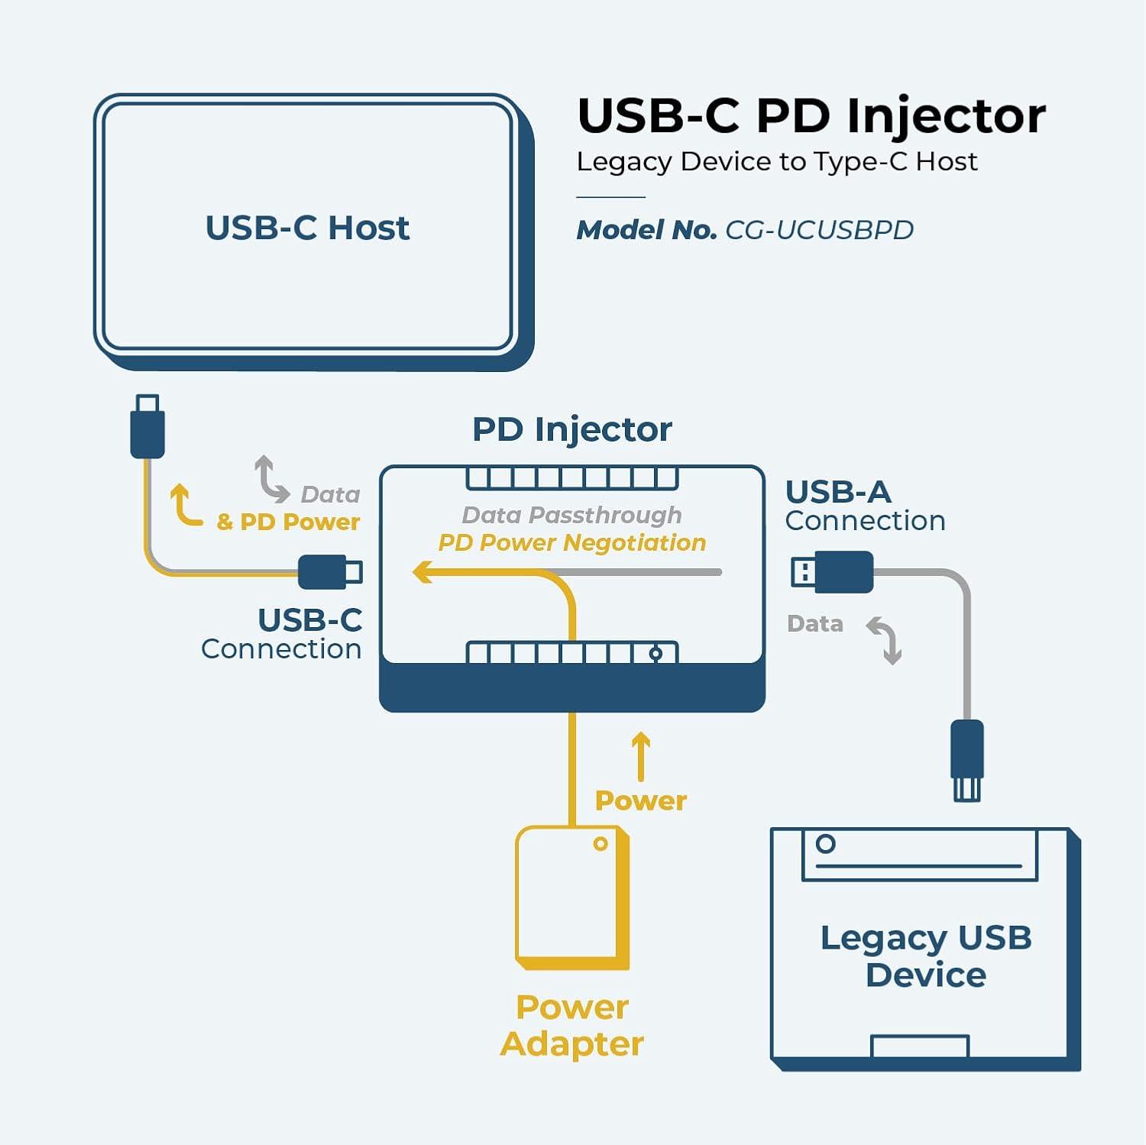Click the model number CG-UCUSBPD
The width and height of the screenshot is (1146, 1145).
(x=819, y=230)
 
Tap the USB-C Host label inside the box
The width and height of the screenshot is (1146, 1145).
(x=307, y=228)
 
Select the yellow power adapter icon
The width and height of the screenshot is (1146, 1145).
(x=571, y=898)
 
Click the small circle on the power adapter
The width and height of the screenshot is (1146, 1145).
(x=601, y=844)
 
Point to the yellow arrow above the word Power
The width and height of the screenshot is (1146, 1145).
(x=641, y=756)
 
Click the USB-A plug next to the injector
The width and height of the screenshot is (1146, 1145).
(x=833, y=571)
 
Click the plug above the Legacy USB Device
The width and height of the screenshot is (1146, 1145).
(x=967, y=760)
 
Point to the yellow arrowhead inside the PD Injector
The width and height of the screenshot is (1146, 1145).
(x=422, y=571)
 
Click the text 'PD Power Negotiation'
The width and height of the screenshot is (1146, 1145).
(x=571, y=542)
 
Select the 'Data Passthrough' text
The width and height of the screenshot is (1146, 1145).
(x=571, y=515)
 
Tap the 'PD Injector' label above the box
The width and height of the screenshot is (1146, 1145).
(x=571, y=429)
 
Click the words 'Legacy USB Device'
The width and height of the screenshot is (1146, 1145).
(x=926, y=956)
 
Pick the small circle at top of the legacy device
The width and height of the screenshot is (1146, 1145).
(x=825, y=844)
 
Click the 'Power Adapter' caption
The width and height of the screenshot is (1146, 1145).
(x=571, y=1025)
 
